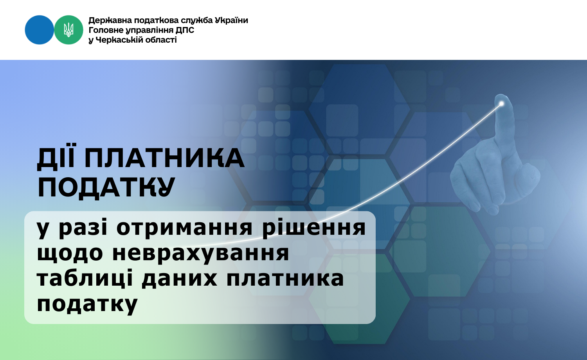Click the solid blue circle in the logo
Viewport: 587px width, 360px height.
39,30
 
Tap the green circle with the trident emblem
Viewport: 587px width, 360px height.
68,30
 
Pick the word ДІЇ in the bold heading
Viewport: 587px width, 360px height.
57,157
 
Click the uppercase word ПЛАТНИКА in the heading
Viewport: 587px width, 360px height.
164,158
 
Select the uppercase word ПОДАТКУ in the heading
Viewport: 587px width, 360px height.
106,187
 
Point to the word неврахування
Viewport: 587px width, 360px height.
200,254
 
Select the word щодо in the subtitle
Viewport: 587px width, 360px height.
70,254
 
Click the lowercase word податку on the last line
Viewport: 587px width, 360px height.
87,304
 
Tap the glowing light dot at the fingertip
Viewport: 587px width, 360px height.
502,104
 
